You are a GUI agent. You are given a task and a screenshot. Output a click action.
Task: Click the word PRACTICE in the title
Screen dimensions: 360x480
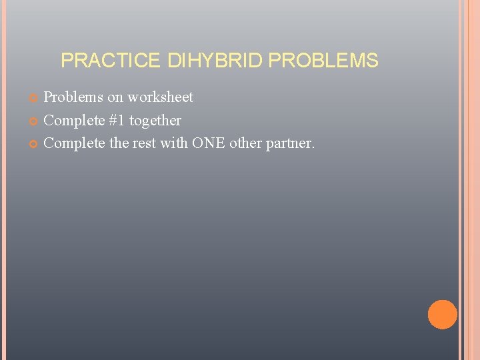pos(110,61)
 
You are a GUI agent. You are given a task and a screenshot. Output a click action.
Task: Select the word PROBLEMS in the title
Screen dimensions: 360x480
pos(323,61)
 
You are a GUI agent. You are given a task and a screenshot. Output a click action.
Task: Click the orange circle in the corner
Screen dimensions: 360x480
pos(442,315)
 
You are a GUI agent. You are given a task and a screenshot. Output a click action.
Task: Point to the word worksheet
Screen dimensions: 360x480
pos(160,97)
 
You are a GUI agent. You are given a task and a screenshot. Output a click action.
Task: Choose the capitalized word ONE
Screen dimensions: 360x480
pos(209,143)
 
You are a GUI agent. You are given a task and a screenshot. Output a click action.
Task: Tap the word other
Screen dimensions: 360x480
pos(246,143)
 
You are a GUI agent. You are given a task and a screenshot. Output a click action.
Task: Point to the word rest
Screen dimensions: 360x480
pos(145,143)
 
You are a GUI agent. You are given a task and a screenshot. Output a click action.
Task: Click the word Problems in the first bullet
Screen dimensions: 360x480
pos(73,97)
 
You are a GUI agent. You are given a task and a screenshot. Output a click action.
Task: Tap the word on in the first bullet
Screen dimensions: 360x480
pos(115,98)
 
